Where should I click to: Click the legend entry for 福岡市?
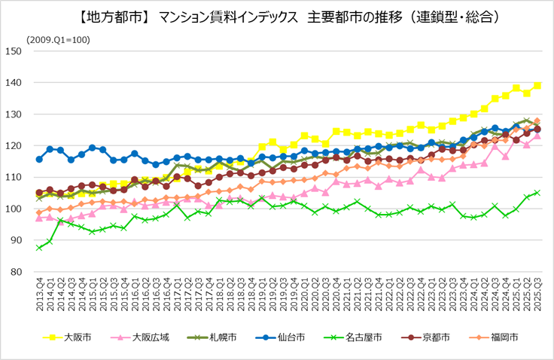tap(507, 337)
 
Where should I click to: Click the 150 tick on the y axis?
tap(14, 51)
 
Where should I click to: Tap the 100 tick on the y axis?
tap(14, 209)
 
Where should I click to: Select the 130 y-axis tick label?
tap(14, 114)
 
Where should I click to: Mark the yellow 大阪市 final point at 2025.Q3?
tap(537, 85)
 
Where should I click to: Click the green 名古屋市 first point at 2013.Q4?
tap(39, 247)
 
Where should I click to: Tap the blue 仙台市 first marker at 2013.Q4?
tap(39, 160)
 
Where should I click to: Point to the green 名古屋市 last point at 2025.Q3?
tap(537, 192)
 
